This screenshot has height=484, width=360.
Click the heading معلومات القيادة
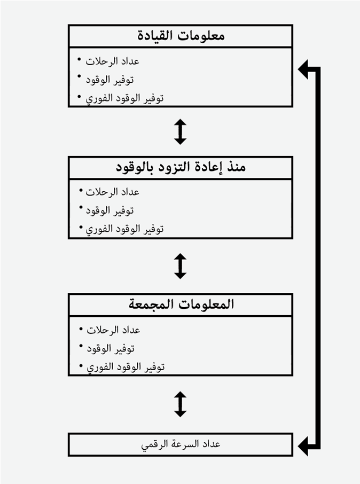tap(181, 36)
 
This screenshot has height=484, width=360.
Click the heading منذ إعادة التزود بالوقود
tap(181, 168)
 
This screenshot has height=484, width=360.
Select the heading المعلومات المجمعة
tap(181, 305)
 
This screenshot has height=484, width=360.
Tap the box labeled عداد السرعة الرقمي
tap(181, 444)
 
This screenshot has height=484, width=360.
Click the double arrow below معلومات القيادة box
tap(181, 131)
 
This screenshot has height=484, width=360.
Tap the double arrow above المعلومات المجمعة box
tap(181, 266)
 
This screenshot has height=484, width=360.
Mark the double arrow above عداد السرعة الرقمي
tap(181, 404)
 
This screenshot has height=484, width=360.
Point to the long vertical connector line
tap(318, 256)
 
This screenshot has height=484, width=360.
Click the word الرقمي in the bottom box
tap(155, 444)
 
